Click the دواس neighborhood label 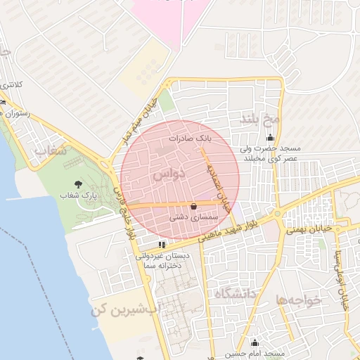(169, 172)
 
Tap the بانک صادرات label (189, 139)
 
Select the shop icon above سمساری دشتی (194, 205)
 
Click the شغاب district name (51, 150)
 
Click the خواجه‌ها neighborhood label (299, 299)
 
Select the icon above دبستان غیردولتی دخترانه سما (162, 245)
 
